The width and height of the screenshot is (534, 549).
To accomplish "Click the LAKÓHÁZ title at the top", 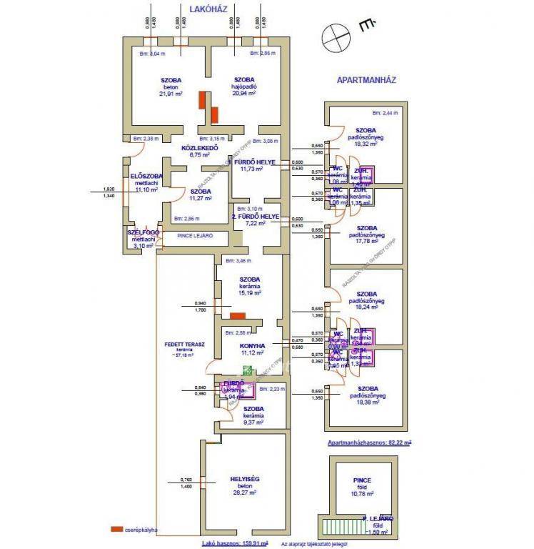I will click(208, 9).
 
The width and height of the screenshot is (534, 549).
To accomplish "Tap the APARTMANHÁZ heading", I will click(366, 80).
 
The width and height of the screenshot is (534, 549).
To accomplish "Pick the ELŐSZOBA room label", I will click(146, 176).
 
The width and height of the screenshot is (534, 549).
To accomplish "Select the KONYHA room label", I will click(253, 345).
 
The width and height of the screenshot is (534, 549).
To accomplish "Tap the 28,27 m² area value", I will click(246, 493).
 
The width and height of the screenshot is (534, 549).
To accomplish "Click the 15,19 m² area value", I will click(251, 293).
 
